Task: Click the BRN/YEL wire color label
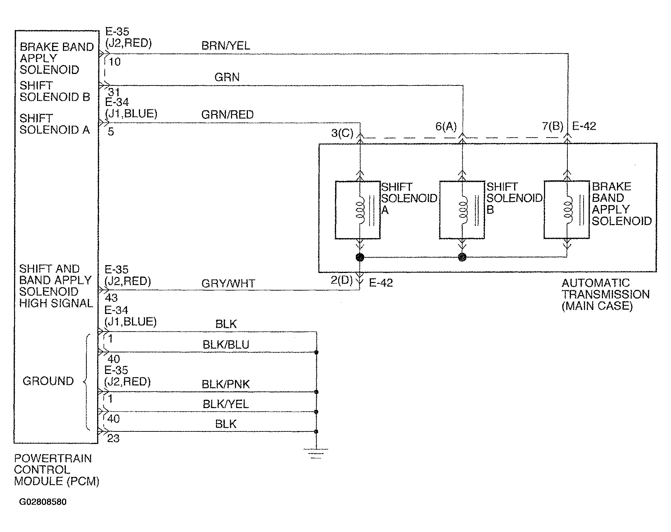click(226, 46)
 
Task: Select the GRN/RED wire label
click(227, 115)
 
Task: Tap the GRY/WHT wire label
click(228, 283)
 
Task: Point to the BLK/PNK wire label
click(226, 384)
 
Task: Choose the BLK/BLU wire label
click(226, 345)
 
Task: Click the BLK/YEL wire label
click(226, 404)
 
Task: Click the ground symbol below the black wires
click(316, 453)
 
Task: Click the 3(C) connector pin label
click(342, 133)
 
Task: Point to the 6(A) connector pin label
click(446, 126)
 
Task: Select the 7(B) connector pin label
click(553, 126)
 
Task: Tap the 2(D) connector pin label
click(342, 280)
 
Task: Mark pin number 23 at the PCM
click(113, 439)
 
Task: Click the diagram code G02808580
click(43, 502)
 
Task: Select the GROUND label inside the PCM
click(48, 381)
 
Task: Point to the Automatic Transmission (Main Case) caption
click(606, 294)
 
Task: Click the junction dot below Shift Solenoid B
click(462, 257)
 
